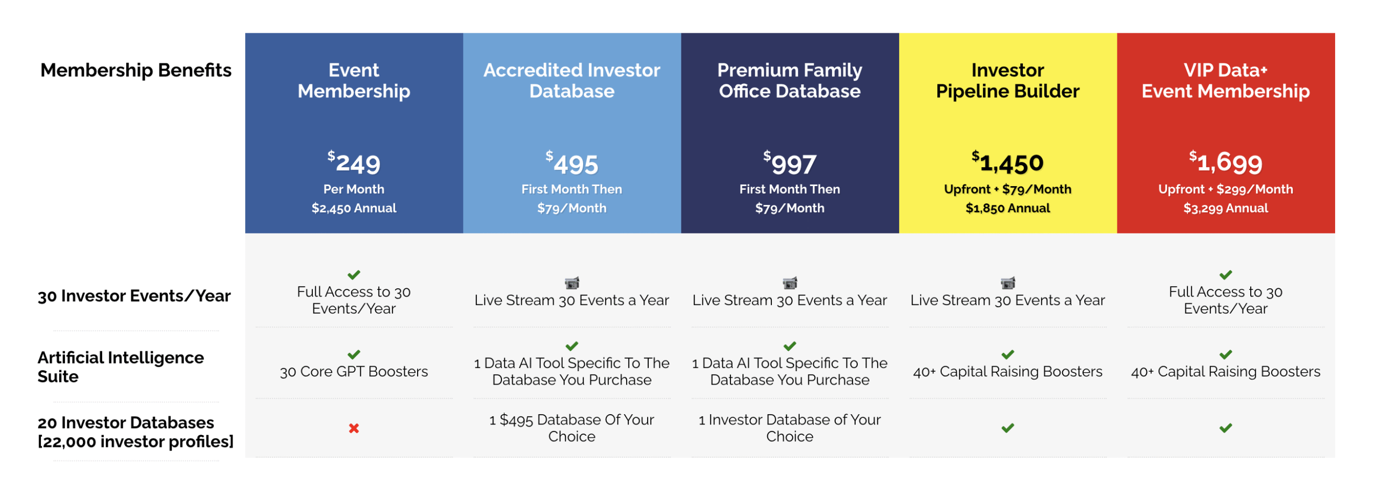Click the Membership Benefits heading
[x=135, y=70]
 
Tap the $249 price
[x=354, y=163]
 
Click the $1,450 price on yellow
[x=1007, y=162]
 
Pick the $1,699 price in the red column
[x=1225, y=162]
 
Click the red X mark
[x=354, y=428]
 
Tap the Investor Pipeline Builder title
[x=1007, y=80]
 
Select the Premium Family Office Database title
[x=789, y=80]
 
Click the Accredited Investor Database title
[x=571, y=80]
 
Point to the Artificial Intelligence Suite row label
[x=120, y=366]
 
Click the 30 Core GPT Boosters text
[x=354, y=371]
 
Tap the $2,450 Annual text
[x=354, y=208]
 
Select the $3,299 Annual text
[x=1225, y=208]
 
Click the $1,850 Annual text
[x=1007, y=208]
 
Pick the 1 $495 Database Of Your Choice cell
[x=571, y=428]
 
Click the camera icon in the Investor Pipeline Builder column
[x=1007, y=282]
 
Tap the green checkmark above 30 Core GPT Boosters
[x=354, y=354]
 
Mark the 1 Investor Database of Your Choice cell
[x=789, y=428]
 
